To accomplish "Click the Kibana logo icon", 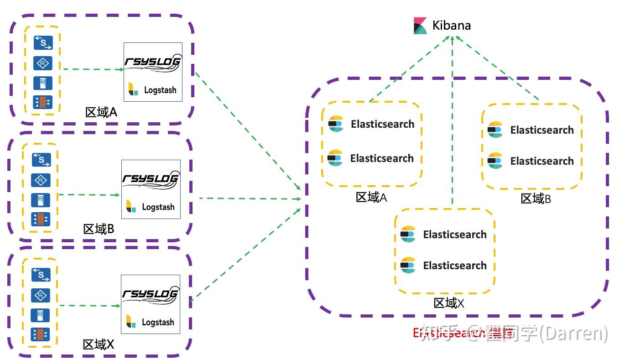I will (420, 26).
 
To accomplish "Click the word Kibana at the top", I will (451, 26).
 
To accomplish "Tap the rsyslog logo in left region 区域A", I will (153, 63).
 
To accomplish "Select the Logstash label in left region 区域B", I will (158, 207).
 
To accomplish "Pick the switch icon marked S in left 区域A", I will (43, 42).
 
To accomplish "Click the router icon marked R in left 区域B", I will (41, 181).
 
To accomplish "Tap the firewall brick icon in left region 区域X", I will (41, 334).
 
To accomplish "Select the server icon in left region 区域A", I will (43, 83).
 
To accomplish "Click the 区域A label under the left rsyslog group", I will (101, 112).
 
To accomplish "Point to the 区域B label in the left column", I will (99, 229).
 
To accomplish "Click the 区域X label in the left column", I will (99, 344).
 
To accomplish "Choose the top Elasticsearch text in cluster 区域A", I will (382, 124).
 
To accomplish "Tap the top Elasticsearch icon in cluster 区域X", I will (408, 235).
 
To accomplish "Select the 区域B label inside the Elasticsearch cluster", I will (536, 199).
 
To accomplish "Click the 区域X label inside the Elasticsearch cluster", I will (448, 303).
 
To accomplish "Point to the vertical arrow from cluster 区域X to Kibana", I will (452, 123).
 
